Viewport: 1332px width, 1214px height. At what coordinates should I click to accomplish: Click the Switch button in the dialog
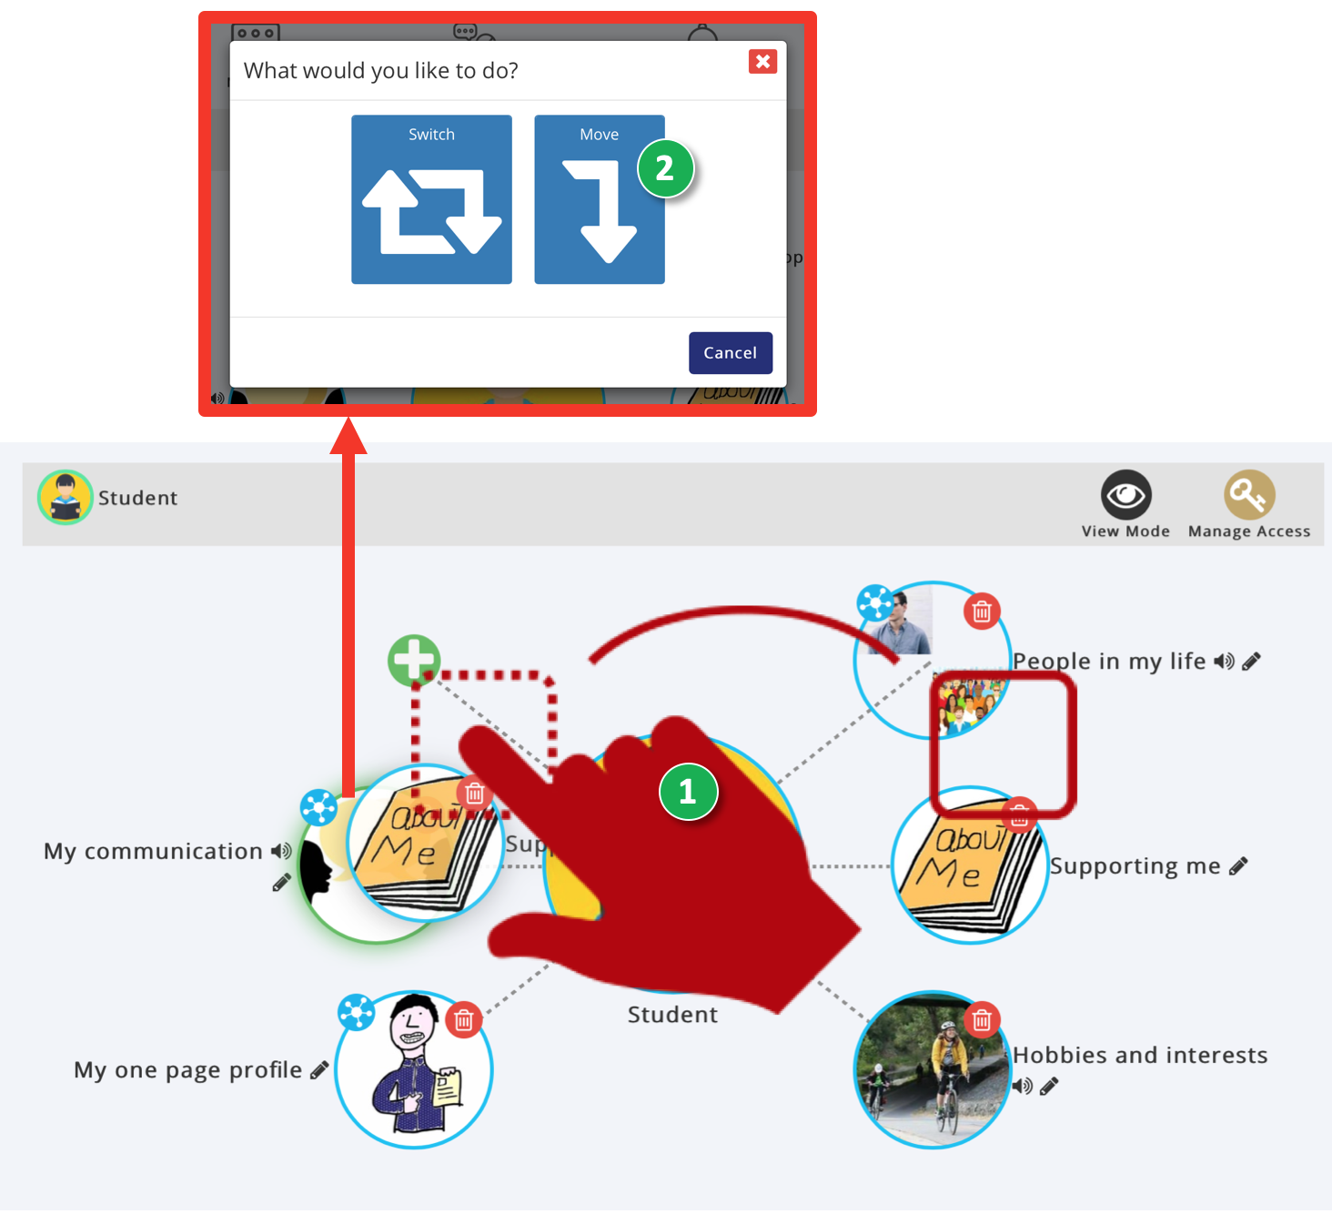tap(431, 199)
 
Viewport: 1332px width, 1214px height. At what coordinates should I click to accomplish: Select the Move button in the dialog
tap(599, 199)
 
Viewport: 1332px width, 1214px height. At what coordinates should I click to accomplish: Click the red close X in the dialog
tap(762, 61)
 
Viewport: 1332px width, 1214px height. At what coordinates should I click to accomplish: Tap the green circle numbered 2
tap(665, 168)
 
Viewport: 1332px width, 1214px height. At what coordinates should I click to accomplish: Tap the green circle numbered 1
tap(688, 792)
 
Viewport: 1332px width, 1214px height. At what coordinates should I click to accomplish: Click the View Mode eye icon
tap(1125, 495)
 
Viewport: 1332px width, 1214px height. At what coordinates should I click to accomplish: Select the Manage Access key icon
tap(1248, 495)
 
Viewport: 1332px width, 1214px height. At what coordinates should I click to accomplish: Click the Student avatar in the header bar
tap(65, 498)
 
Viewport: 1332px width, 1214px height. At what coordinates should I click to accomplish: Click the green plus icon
tap(414, 660)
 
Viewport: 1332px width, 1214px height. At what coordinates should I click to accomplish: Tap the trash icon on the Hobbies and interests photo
tap(981, 1020)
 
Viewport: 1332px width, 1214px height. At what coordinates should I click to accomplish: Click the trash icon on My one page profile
tap(464, 1020)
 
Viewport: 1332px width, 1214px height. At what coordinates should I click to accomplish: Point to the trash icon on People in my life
tap(981, 612)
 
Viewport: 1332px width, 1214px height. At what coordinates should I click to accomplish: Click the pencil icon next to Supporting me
tap(1238, 866)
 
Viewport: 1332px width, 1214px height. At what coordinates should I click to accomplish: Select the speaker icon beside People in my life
tap(1224, 662)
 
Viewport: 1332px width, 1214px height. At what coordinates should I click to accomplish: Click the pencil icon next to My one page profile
tap(318, 1070)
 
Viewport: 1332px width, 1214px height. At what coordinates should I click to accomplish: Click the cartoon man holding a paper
tap(414, 1070)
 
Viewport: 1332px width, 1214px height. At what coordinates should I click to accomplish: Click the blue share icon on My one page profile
tap(356, 1011)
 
